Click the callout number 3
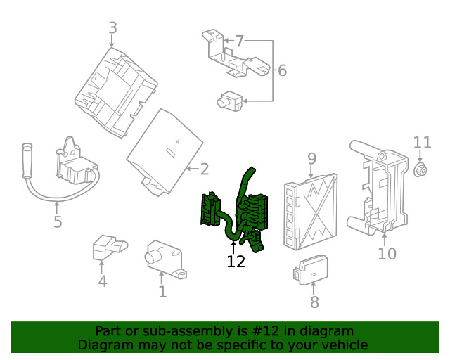click(x=113, y=28)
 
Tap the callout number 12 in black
click(x=236, y=262)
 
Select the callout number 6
click(x=283, y=70)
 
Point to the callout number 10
click(x=387, y=254)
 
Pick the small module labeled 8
click(x=311, y=269)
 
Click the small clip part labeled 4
click(x=110, y=247)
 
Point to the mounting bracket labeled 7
click(x=236, y=55)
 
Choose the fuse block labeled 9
click(x=311, y=212)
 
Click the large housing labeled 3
click(x=116, y=92)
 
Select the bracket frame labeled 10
click(x=378, y=186)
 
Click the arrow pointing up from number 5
click(x=57, y=208)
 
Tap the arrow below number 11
click(x=420, y=155)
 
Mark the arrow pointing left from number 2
click(x=193, y=169)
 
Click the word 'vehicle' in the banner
click(x=347, y=345)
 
